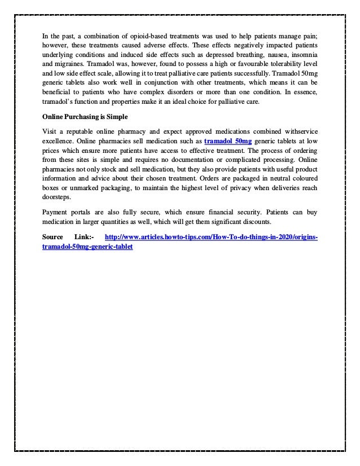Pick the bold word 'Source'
pyautogui.click(x=53, y=238)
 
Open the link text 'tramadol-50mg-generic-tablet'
pyautogui.click(x=87, y=247)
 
